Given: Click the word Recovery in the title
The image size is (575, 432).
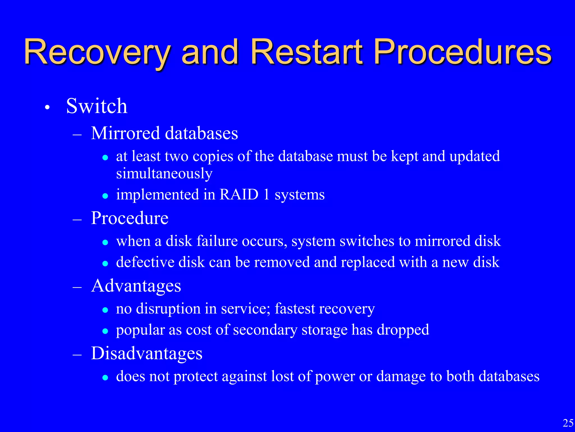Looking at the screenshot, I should [97, 53].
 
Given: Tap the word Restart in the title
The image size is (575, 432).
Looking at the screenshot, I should [307, 53].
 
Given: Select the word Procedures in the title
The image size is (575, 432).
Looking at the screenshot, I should [463, 53].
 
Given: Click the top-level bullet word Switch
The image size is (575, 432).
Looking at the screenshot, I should [97, 106].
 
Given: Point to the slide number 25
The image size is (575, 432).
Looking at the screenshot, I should [568, 423].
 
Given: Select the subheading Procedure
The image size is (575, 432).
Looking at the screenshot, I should [129, 218].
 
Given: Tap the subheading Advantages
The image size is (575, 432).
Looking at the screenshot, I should [136, 286].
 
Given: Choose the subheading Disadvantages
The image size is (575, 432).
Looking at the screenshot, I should [147, 353].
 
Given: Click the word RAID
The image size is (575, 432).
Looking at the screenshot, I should [239, 194].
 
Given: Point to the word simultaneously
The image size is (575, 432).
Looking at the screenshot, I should [164, 174].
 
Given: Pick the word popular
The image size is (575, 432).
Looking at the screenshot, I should [140, 330].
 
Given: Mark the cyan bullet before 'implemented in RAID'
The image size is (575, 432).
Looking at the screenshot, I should [105, 196].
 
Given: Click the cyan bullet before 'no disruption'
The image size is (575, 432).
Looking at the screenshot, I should [105, 310].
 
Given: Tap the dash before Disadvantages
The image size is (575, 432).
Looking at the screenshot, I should [77, 355].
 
